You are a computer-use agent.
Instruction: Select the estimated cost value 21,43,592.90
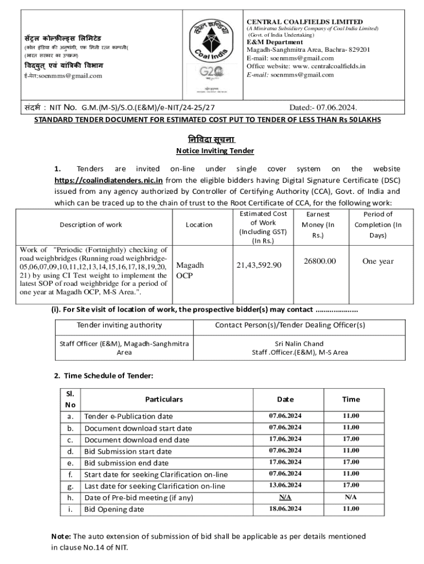point(259,265)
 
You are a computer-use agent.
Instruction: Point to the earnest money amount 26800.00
point(320,261)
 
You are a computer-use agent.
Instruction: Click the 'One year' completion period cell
point(378,261)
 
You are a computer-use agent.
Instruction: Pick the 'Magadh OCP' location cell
point(189,270)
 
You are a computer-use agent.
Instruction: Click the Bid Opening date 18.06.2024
point(285,509)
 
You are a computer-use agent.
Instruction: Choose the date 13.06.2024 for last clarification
point(285,485)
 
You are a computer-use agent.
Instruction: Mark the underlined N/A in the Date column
point(285,497)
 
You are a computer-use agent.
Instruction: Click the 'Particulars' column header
point(164,399)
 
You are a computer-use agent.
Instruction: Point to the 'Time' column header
point(351,399)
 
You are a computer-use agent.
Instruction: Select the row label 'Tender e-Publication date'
point(128,416)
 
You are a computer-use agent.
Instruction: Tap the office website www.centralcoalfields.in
point(322,66)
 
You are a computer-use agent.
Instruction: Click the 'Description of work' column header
point(91,224)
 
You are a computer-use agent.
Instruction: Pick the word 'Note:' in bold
point(62,536)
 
